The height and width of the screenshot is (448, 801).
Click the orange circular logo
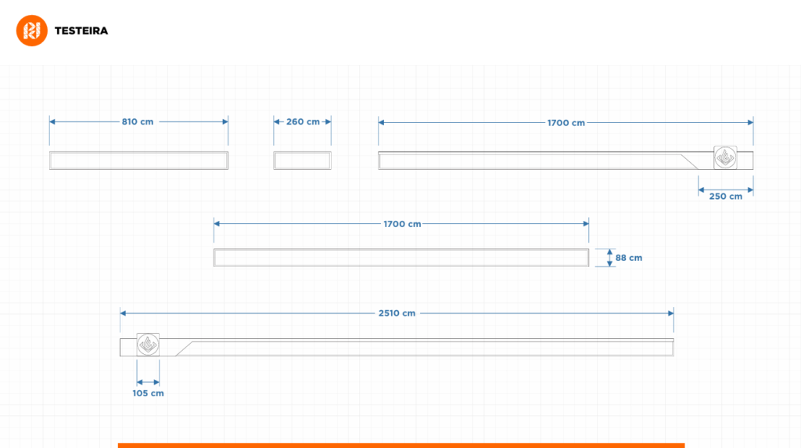point(31,31)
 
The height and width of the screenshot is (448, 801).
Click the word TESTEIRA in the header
point(81,31)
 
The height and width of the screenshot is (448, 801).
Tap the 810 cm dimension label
point(138,121)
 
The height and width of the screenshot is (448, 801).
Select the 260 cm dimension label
point(303,121)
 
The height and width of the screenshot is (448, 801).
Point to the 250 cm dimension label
point(725,197)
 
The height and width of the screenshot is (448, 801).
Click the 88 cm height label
point(629,258)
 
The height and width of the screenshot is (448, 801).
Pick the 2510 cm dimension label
point(397,313)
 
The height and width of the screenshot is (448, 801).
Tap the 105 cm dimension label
point(148,393)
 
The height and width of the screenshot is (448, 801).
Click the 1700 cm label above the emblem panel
point(566,123)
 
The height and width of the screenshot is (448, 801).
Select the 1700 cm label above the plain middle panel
point(402,224)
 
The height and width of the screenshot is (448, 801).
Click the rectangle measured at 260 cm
point(303,161)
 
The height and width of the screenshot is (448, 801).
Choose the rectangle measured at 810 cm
point(139,161)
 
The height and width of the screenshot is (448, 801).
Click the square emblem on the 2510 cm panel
point(148,345)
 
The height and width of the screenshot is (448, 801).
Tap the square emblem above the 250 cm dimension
point(725,157)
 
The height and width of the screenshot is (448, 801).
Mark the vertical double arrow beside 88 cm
point(609,258)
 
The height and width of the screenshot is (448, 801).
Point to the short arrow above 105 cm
point(148,381)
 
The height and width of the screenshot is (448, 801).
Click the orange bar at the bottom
point(401,446)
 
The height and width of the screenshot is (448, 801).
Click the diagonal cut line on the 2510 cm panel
point(184,349)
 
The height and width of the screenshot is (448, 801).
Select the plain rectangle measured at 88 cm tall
point(401,258)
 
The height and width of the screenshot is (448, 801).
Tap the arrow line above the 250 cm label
point(726,190)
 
